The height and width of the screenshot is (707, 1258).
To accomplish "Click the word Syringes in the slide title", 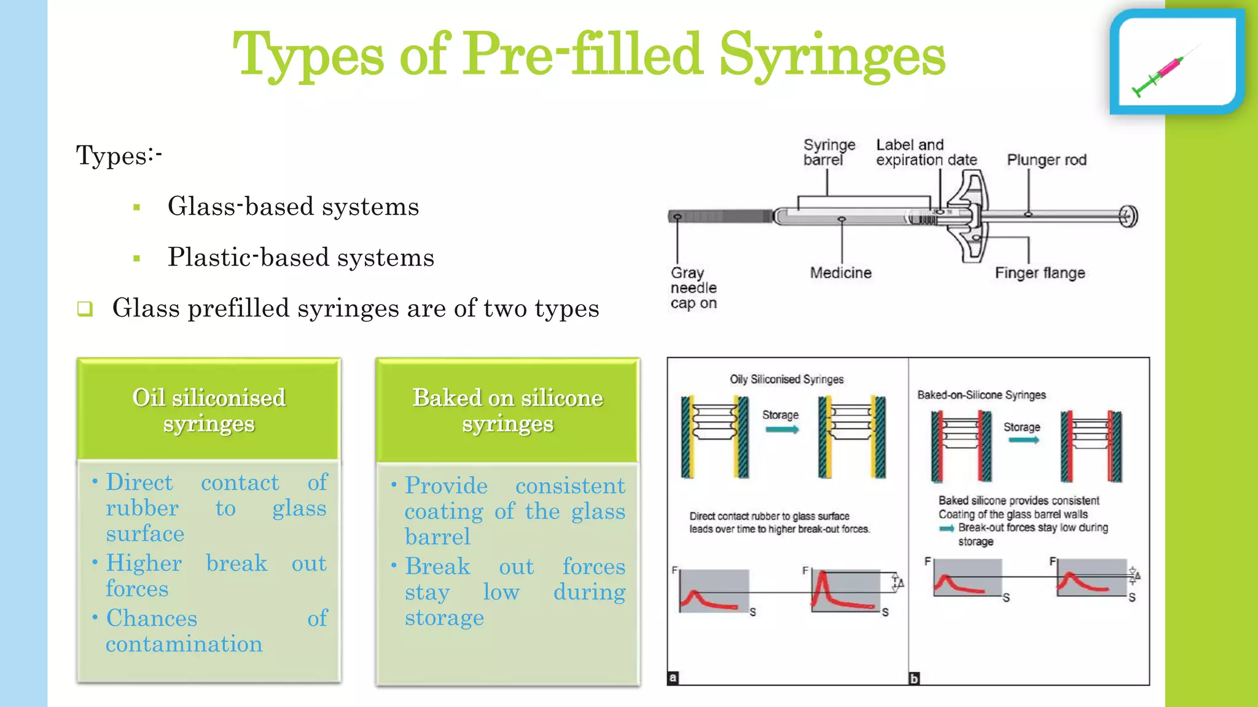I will (x=832, y=55).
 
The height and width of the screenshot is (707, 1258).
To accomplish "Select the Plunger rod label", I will (x=1046, y=160).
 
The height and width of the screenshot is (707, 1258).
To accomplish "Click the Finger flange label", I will (x=1039, y=273).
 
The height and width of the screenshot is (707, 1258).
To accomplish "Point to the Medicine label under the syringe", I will (x=840, y=273).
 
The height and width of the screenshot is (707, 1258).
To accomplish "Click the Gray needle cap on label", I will (x=693, y=288).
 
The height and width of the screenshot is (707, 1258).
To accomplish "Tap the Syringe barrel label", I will (x=829, y=152).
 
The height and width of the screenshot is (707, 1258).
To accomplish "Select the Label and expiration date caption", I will (x=926, y=152).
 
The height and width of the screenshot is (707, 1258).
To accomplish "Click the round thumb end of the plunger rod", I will (x=1129, y=216).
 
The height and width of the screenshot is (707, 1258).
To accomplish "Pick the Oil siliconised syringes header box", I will (x=209, y=410).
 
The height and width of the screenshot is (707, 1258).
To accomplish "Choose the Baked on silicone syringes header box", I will (x=507, y=410).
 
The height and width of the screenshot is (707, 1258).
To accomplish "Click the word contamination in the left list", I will (x=184, y=644).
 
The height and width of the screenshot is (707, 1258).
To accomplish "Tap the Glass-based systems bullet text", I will (x=293, y=207).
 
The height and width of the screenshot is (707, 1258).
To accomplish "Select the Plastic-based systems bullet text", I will (x=300, y=258).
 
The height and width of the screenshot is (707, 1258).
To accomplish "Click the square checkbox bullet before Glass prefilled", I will (x=85, y=309).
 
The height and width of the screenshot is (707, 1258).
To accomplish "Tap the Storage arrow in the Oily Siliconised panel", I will (x=781, y=430).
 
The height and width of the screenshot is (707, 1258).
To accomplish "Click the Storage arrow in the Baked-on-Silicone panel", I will (x=1023, y=440).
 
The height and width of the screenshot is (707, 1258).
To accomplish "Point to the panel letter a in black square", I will (x=673, y=678).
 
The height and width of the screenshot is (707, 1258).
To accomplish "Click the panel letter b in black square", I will (x=914, y=678).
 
